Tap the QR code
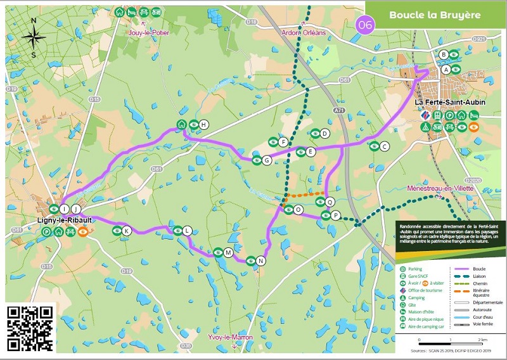(29, 328)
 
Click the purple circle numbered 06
(366, 25)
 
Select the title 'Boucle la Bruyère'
(434, 14)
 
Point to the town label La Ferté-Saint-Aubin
(446, 102)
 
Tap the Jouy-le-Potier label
(148, 32)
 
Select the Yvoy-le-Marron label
(231, 337)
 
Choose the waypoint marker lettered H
(203, 124)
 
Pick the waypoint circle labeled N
(260, 260)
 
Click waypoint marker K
(127, 231)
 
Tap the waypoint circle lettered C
(384, 146)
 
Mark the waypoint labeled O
(298, 210)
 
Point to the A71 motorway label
(340, 111)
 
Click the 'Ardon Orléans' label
(304, 32)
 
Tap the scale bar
(449, 343)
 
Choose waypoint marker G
(267, 160)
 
